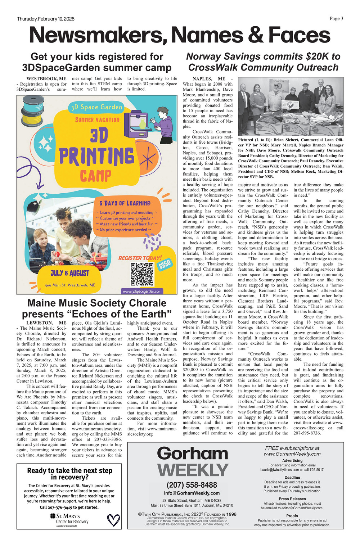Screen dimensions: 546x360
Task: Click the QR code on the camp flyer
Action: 142,274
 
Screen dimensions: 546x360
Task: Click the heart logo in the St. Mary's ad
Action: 114,520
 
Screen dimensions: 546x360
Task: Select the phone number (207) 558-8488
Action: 192,485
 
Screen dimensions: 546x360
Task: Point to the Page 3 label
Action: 336,19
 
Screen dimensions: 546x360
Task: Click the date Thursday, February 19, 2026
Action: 46,19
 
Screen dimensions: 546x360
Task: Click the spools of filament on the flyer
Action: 32,110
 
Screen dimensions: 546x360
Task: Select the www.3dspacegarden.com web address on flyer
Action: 142,291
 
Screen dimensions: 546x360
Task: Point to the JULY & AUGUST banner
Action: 70,273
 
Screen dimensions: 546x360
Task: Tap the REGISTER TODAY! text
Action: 140,258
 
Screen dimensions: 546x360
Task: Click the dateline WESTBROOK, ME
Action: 46,78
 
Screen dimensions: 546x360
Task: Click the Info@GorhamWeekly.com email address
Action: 192,493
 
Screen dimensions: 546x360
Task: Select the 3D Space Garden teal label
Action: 97,107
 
